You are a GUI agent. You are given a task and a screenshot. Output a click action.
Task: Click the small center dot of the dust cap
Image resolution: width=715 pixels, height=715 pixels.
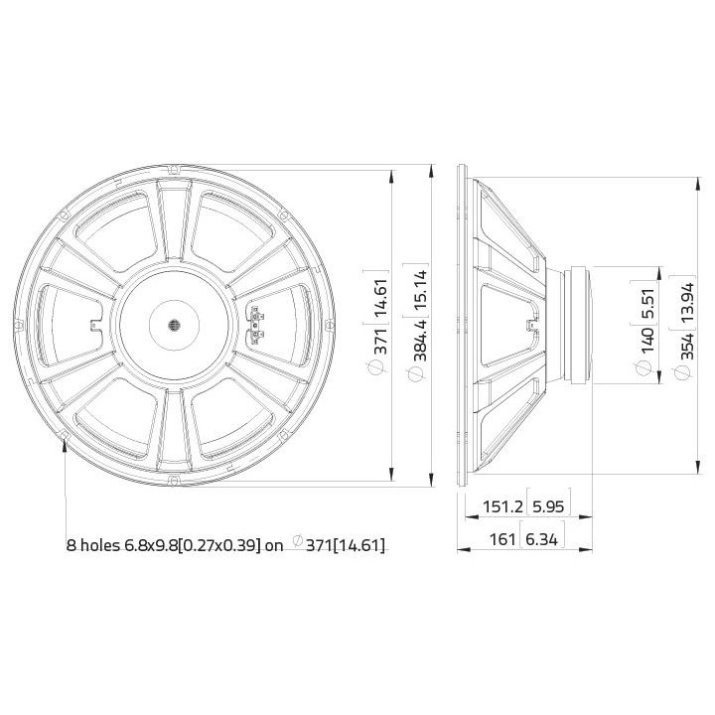click(x=172, y=325)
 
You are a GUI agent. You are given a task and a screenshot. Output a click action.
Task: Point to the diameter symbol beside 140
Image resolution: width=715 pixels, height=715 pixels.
click(x=647, y=368)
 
